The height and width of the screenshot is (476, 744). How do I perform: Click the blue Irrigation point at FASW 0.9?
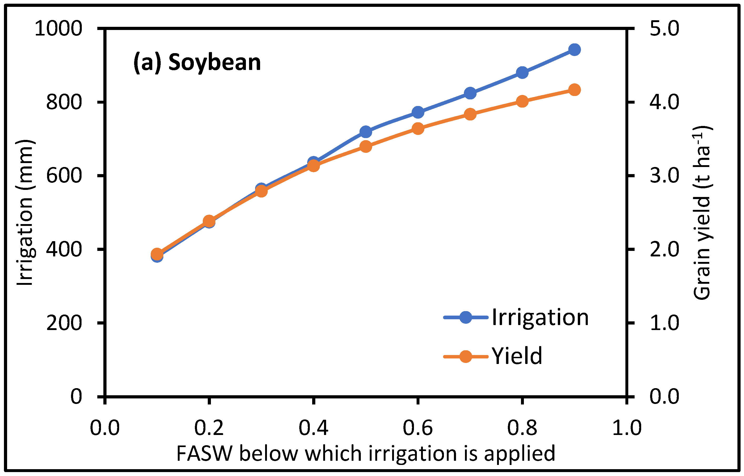pos(574,49)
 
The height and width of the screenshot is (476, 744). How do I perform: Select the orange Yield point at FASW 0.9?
pos(574,90)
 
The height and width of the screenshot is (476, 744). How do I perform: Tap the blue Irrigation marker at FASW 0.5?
pos(366,132)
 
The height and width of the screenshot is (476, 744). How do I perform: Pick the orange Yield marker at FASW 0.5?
pos(366,146)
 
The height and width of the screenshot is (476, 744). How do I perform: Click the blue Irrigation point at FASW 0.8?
pos(522,73)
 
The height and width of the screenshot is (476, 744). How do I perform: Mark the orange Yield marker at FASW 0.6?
pos(418,129)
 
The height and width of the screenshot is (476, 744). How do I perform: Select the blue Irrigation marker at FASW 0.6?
pos(418,112)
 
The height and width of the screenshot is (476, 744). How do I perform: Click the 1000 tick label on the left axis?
pos(58,29)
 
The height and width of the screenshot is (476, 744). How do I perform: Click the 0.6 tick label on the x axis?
pos(418,428)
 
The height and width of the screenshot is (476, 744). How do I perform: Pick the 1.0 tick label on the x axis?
pos(626,428)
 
